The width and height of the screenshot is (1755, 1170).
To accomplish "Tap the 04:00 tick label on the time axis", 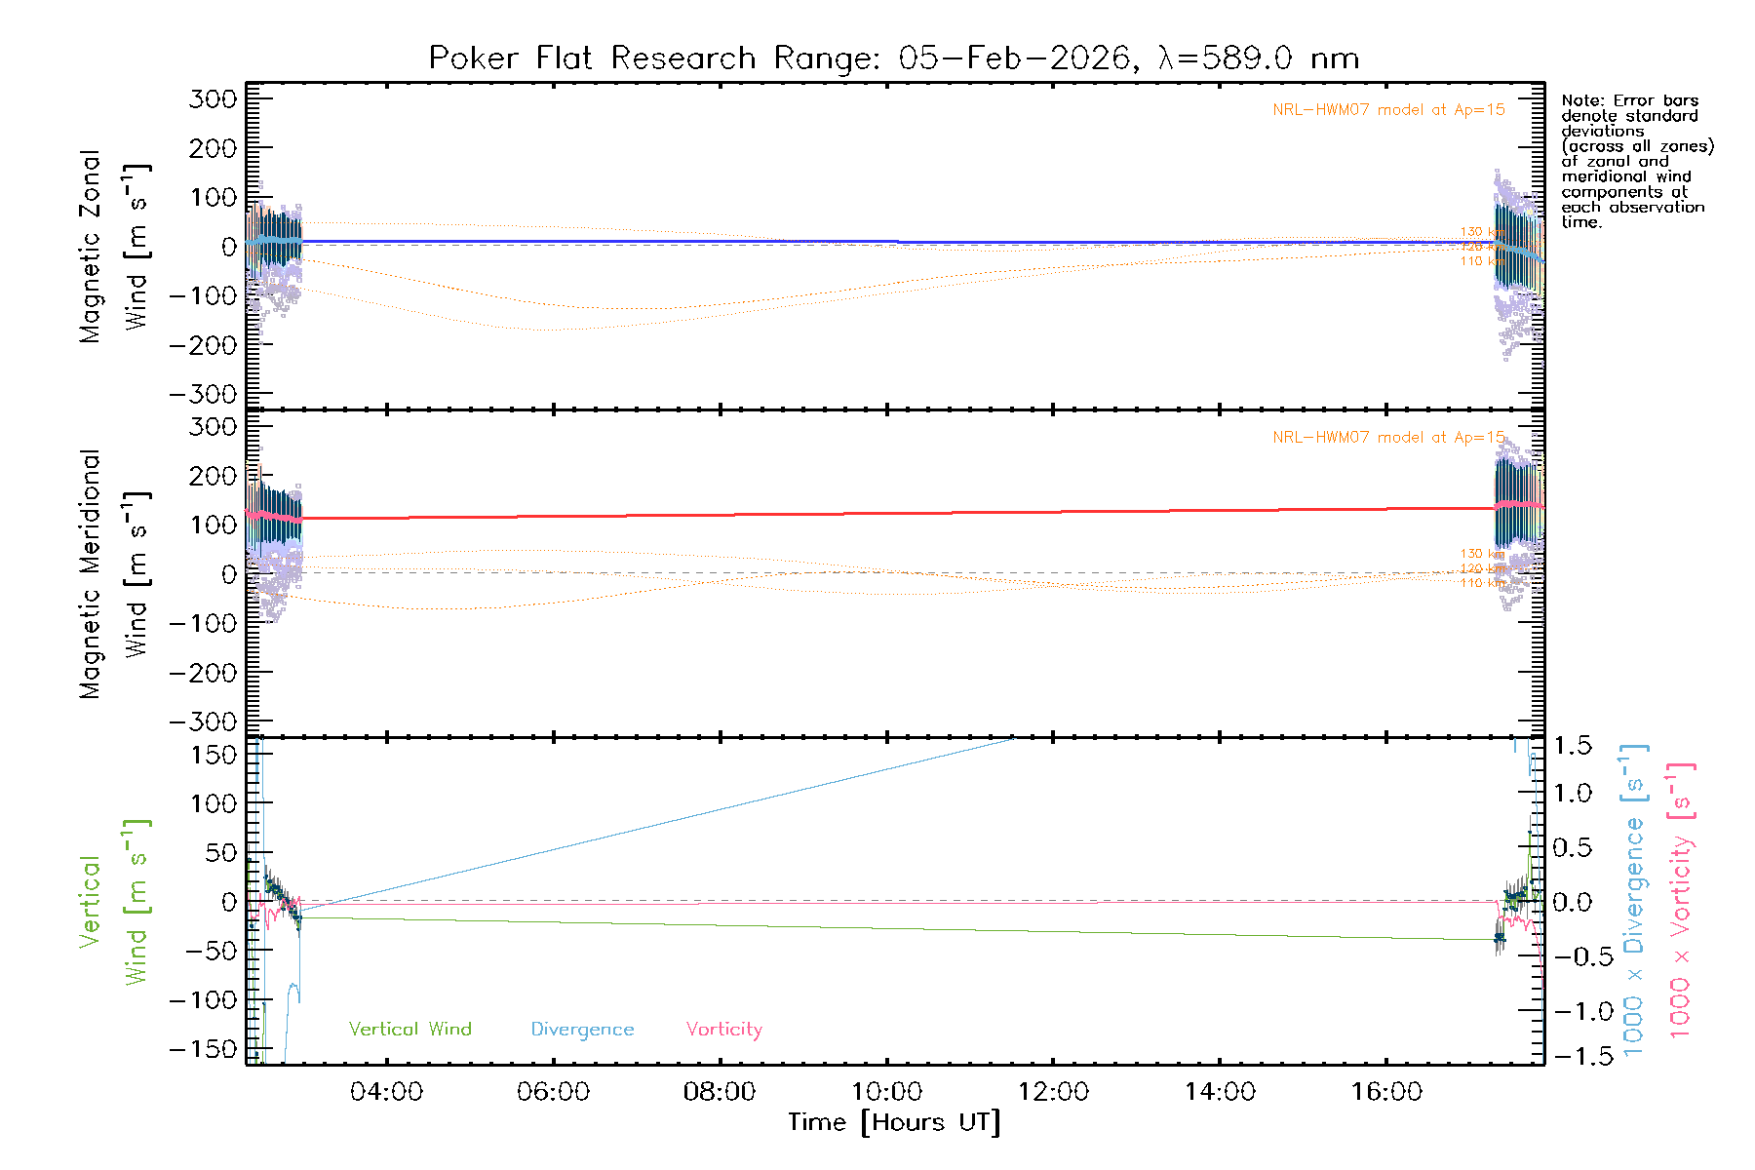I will pyautogui.click(x=386, y=1091).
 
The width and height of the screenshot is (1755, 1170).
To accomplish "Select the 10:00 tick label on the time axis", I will pyautogui.click(x=886, y=1091).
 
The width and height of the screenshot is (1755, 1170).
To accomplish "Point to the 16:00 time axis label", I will pyautogui.click(x=1386, y=1091).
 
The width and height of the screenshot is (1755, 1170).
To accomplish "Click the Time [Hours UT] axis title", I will pyautogui.click(x=894, y=1123).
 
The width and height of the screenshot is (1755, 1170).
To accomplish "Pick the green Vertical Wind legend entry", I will pyautogui.click(x=409, y=1030).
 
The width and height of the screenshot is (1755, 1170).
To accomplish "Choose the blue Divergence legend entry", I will pyautogui.click(x=582, y=1030).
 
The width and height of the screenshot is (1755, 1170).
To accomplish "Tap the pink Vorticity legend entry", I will pyautogui.click(x=723, y=1030).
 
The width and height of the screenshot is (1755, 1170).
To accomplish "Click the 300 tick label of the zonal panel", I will pyautogui.click(x=213, y=98).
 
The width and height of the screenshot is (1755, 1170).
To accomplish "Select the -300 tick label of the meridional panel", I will pyautogui.click(x=203, y=722).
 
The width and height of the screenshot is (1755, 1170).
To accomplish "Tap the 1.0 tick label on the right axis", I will pyautogui.click(x=1573, y=793).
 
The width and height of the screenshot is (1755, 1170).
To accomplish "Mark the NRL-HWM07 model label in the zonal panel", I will pyautogui.click(x=1388, y=110).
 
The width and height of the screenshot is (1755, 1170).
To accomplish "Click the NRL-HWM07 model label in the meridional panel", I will pyautogui.click(x=1388, y=438).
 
